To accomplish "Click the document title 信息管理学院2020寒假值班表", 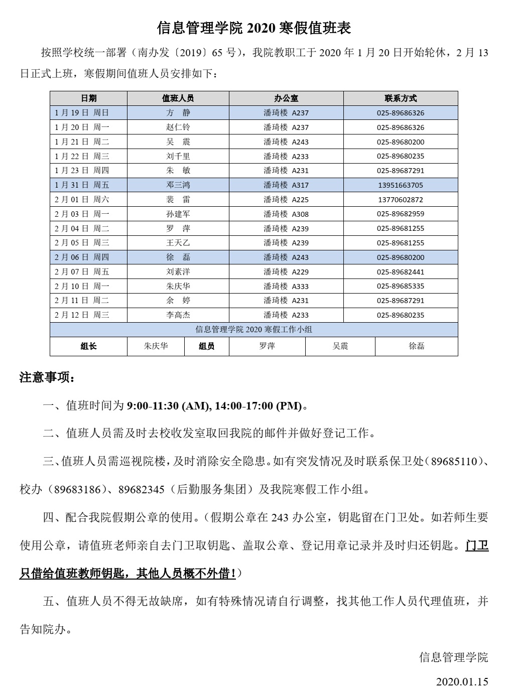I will (254, 28).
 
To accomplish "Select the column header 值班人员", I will (178, 98).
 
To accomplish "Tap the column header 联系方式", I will (401, 98).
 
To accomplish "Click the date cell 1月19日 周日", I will (82, 113).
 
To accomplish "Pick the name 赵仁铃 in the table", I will (178, 127).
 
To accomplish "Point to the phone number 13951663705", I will (401, 185).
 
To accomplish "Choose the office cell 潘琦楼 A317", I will (286, 185).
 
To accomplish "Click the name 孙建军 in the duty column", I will (178, 214).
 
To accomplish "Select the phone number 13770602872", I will (401, 200).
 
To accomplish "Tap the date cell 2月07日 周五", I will (82, 272).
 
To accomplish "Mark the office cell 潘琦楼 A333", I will (286, 287).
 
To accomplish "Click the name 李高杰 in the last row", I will (178, 315).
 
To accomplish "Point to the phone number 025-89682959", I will (401, 214).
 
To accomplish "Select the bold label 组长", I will (88, 346).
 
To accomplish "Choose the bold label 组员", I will (206, 346).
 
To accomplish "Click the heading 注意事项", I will (47, 378).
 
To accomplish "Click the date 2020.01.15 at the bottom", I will (462, 682).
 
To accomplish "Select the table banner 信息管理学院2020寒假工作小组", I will (254, 330).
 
